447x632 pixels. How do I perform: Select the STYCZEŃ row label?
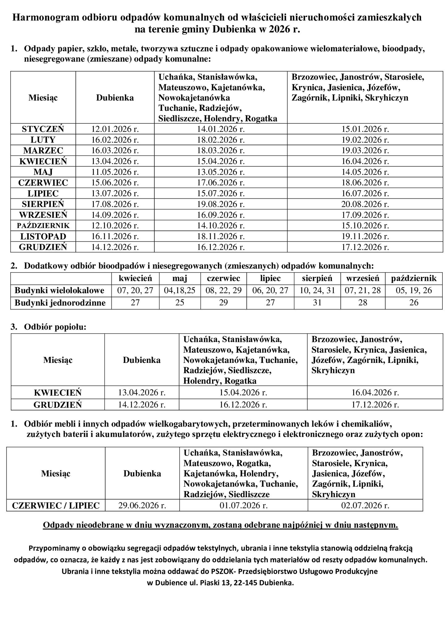[x=43, y=129]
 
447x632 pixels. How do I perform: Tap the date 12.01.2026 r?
[x=115, y=129]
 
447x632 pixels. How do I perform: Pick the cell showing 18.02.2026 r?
[x=221, y=140]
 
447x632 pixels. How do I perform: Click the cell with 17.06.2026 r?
[x=221, y=183]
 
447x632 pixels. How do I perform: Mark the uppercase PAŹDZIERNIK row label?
[x=43, y=226]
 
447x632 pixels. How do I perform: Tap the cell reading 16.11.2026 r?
[x=115, y=236]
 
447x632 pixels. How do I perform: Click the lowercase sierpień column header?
[x=317, y=278]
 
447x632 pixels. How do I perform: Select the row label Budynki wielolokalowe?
[x=60, y=290]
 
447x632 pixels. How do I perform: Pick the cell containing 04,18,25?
[x=180, y=290]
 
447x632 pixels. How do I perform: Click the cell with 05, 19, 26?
[x=414, y=290]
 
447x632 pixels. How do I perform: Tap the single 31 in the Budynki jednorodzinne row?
[x=317, y=303]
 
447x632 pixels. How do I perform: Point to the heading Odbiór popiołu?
[x=55, y=327]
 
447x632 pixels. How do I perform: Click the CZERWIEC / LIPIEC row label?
[x=56, y=505]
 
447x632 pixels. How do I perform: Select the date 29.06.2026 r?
[x=142, y=505]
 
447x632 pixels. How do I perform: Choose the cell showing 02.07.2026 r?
[x=365, y=505]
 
